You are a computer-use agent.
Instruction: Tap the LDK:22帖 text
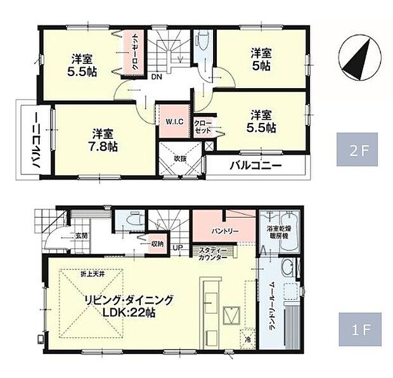(127, 313)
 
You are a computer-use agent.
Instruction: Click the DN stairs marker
(155, 78)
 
